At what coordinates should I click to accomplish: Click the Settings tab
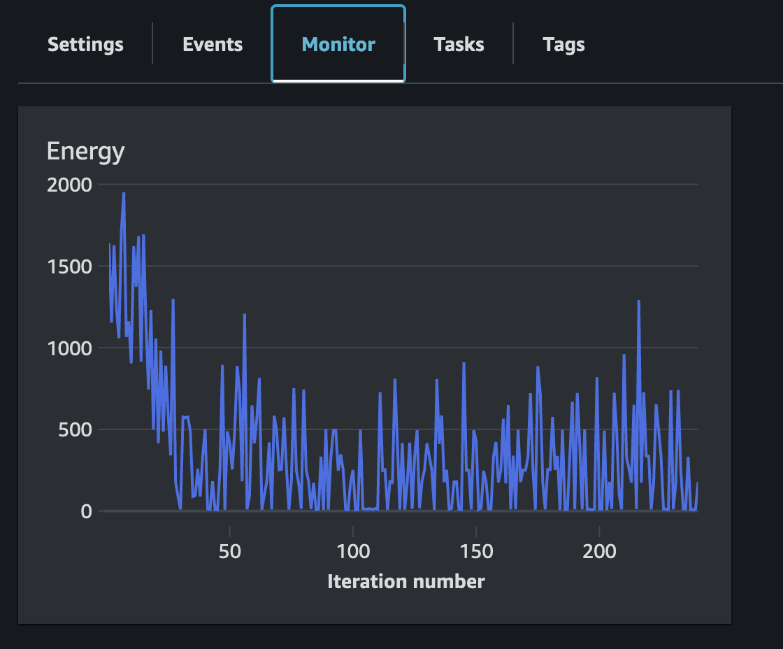85,45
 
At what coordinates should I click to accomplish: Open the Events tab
213,45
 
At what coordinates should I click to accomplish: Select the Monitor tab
338,45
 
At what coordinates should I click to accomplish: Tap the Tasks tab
459,45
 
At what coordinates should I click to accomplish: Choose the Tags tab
563,45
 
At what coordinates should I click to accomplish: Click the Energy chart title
85,151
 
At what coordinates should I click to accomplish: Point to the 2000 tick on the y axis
69,185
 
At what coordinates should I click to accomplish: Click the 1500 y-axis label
69,266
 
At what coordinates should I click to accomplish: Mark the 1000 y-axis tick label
69,348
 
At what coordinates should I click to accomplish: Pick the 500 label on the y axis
76,429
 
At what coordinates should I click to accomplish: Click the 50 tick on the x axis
229,551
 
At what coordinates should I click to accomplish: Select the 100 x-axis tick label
353,551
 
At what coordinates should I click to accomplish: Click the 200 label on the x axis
600,551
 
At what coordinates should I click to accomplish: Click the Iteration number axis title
405,581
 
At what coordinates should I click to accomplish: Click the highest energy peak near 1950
124,194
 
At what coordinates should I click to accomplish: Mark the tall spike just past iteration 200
638,301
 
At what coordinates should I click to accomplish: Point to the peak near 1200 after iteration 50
245,315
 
